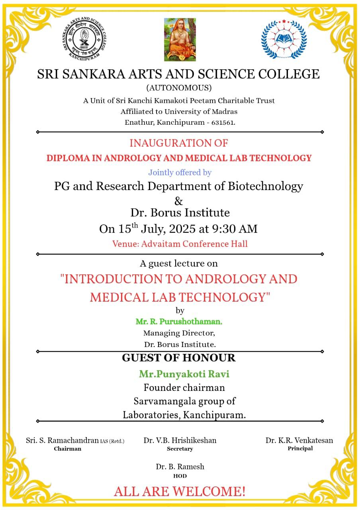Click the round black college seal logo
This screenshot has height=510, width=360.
86,39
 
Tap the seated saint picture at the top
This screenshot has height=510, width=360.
180,39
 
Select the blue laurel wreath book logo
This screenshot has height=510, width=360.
284,39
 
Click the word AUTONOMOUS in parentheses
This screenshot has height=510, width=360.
179,88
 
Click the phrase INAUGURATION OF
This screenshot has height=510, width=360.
179,143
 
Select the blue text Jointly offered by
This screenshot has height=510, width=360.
180,173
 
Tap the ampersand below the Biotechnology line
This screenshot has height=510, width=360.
179,200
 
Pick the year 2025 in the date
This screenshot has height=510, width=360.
182,229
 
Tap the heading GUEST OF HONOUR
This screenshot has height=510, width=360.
179,358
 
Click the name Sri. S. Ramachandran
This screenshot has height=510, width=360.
62,441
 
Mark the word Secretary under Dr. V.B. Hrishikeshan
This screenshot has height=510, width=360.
180,449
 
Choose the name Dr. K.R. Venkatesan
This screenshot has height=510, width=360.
299,440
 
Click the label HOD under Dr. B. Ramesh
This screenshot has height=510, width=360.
180,476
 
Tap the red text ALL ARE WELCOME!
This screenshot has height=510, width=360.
180,492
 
